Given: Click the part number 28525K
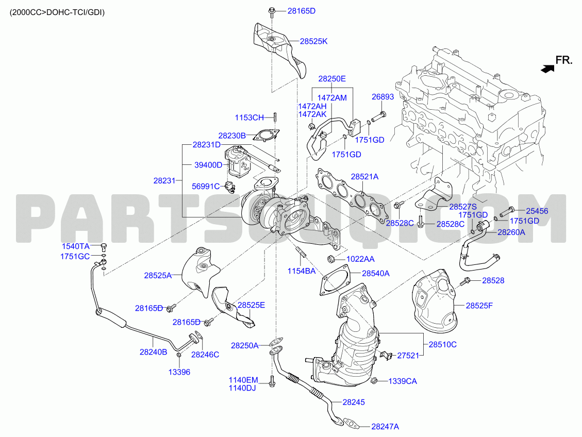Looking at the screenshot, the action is coord(313,42).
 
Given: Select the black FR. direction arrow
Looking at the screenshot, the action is coord(547,69).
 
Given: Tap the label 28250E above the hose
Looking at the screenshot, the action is coord(332,79).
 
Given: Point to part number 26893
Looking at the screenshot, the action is coord(383,97).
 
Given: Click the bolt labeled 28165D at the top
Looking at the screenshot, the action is coord(271,11).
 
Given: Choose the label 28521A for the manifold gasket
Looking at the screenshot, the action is coord(364,177).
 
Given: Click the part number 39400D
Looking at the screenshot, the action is coord(208,165).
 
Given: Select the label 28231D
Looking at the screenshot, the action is coord(206,145).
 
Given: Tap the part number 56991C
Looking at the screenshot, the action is coord(206,186).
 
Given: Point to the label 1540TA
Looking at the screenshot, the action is coord(75,246).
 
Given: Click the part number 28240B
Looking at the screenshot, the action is coord(153,352).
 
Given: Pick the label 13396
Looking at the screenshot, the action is coord(179,372).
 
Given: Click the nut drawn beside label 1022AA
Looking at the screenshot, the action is coord(332,258).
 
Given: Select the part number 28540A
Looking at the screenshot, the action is coord(376,274).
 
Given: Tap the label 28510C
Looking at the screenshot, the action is coord(442,345).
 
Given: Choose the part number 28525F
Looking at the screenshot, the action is coord(479,306).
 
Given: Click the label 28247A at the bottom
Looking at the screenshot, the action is coord(385,427).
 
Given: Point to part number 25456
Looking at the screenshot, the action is coord(537,211).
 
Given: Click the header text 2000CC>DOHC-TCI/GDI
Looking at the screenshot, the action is coord(57,12).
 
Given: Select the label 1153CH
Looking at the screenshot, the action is coord(249,117).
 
